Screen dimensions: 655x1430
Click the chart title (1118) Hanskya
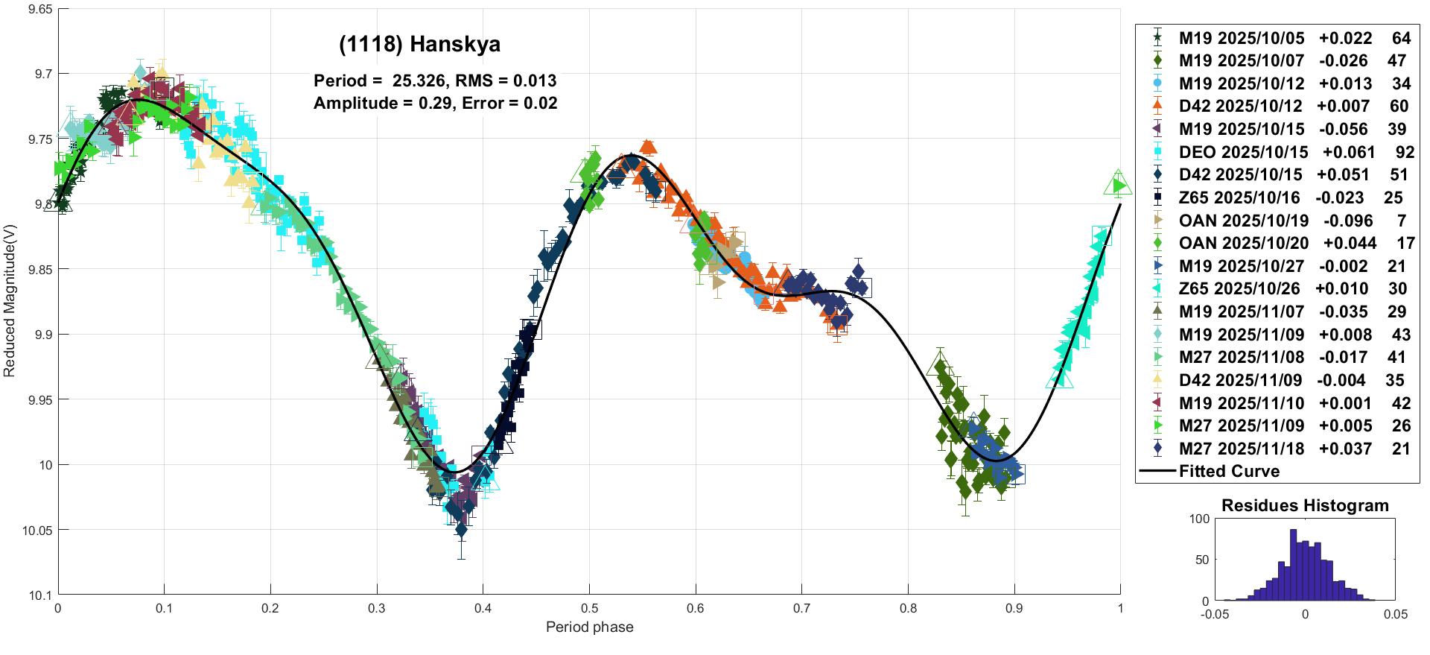point(419,45)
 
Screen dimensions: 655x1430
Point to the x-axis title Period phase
point(589,627)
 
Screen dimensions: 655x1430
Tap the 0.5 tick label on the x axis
point(589,608)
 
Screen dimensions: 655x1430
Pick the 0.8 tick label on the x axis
point(908,608)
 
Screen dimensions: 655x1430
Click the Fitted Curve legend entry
point(1229,471)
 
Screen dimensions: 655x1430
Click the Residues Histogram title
point(1305,506)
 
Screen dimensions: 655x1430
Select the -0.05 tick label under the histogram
point(1215,615)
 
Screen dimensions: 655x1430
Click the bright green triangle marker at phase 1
point(1118,185)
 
